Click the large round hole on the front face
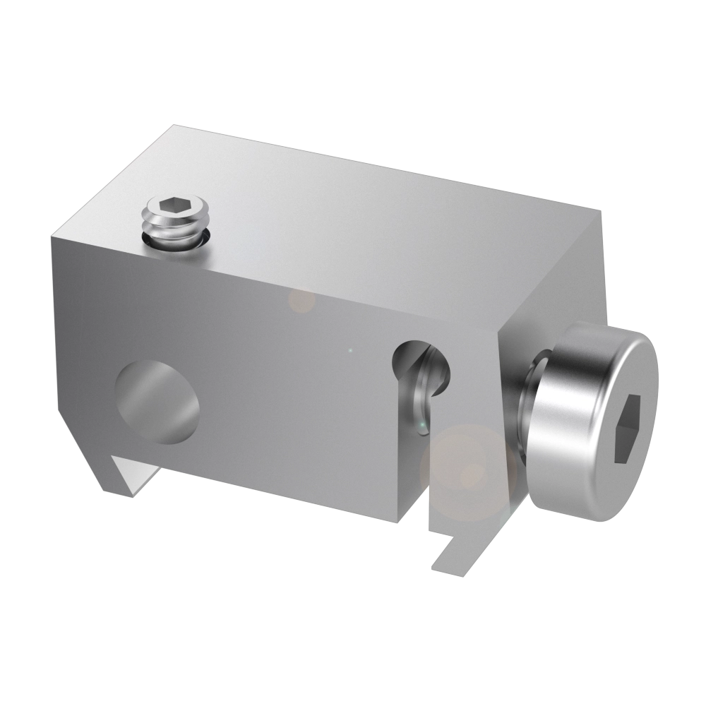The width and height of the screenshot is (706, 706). click(157, 402)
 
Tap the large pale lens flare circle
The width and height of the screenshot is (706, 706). click(462, 469)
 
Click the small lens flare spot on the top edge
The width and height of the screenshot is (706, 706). click(302, 301)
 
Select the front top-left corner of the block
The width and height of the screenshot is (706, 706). click(52, 236)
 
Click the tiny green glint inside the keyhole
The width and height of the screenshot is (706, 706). click(421, 424)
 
